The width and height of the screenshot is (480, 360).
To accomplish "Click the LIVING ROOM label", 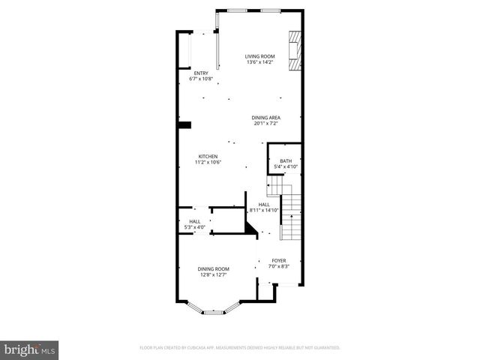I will tap(260, 56).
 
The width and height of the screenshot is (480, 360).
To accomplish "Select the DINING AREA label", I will tap(266, 118).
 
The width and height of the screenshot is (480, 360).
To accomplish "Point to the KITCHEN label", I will tap(208, 157).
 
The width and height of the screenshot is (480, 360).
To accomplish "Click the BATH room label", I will tap(286, 160).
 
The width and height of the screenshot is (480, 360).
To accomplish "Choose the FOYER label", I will tap(278, 261).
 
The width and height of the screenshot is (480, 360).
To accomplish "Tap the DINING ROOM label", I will tap(214, 268).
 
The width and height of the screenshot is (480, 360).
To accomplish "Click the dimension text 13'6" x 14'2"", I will tap(260, 62).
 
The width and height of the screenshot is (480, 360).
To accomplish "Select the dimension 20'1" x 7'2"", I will tap(266, 124).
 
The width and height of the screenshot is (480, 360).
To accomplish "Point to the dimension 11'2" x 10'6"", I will tap(208, 163).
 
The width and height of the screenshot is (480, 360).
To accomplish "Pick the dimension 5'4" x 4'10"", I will tap(286, 166).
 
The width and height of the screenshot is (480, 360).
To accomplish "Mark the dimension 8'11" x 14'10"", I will tap(264, 211).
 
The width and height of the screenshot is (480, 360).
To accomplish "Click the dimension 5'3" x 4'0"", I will tap(195, 227).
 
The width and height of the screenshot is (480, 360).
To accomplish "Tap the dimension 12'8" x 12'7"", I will tap(214, 274).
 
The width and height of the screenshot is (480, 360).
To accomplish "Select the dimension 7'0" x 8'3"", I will tap(278, 267).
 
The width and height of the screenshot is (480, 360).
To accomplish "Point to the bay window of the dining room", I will tap(214, 309).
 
